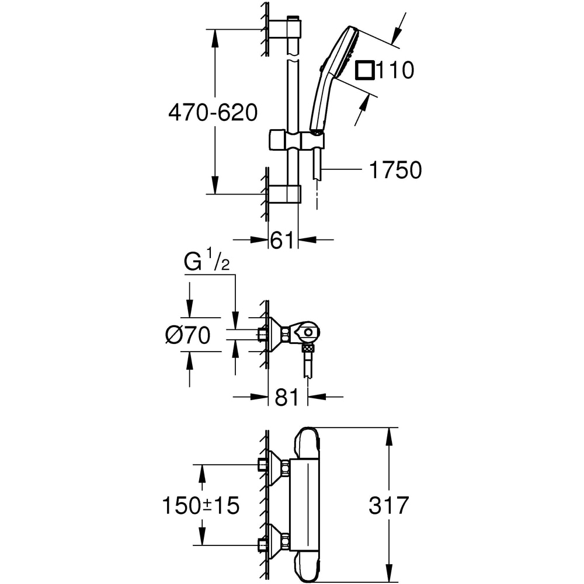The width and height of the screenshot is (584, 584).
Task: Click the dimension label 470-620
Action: (x=213, y=112)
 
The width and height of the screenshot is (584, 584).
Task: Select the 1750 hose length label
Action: (x=395, y=170)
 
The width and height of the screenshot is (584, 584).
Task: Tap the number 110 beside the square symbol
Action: (x=394, y=70)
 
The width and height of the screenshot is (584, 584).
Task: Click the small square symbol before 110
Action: (x=365, y=70)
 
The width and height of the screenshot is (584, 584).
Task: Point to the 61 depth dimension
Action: (x=282, y=239)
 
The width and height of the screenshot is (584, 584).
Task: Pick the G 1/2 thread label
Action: (x=207, y=262)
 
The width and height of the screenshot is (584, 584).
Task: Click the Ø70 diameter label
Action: (x=187, y=336)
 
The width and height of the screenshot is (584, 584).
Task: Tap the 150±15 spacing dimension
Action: (x=200, y=505)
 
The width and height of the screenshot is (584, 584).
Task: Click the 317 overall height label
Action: (x=389, y=505)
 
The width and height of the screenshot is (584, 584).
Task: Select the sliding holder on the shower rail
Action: (x=296, y=141)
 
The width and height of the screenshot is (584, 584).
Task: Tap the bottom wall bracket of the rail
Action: (x=285, y=194)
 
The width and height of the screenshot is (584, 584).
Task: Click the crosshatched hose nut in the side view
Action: (x=308, y=349)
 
